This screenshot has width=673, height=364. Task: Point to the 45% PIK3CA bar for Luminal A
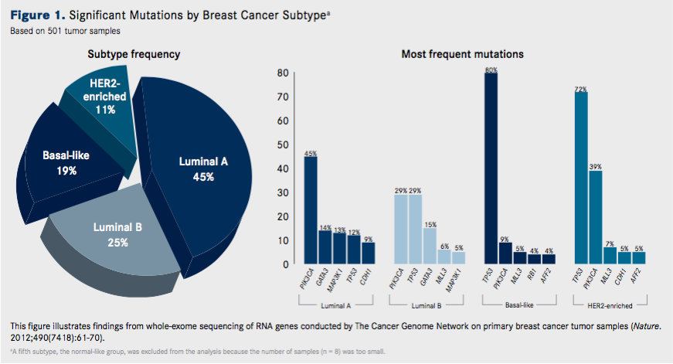click(311, 209)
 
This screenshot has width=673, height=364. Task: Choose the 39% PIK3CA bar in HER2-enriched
click(595, 216)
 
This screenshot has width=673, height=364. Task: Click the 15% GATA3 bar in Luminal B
click(430, 246)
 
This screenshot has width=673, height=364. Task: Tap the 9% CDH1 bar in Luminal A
click(369, 253)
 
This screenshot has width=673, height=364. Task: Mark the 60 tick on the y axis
click(284, 121)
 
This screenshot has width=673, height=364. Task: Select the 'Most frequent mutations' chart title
click(462, 54)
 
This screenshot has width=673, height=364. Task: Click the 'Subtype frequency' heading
click(134, 54)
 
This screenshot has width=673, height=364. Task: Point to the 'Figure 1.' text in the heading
click(36, 17)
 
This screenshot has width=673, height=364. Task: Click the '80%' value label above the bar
click(491, 70)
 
